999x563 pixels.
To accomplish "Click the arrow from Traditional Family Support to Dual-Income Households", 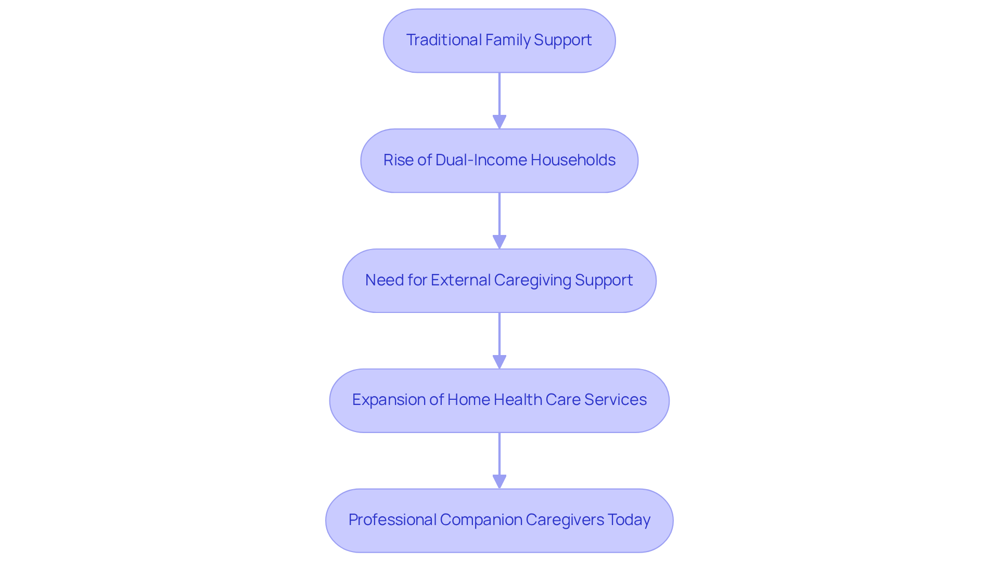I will pos(499,100).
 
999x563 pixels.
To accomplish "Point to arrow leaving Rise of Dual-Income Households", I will pos(499,220).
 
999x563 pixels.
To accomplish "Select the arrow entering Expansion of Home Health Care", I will pos(499,340).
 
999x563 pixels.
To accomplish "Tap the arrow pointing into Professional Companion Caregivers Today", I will pos(499,460).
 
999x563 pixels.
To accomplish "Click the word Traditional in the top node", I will pos(444,40).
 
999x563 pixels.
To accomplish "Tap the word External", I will pos(460,280).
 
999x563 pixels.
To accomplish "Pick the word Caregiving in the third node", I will pos(533,280).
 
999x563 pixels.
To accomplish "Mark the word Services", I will pos(615,400).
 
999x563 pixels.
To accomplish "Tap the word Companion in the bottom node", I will pos(480,520).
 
